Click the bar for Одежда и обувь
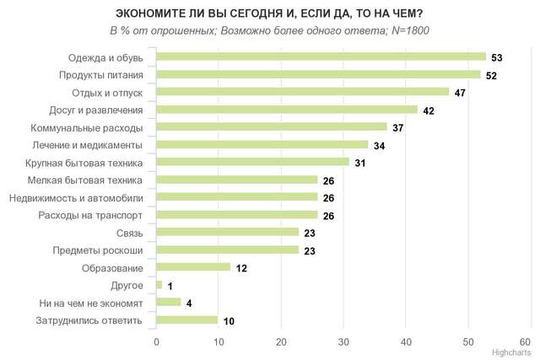click(x=321, y=57)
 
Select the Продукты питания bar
click(x=318, y=74)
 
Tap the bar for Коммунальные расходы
click(x=271, y=126)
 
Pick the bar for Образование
click(x=193, y=267)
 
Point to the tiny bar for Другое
click(x=159, y=285)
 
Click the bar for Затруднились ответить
click(x=187, y=320)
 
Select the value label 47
click(x=461, y=92)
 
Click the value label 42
click(x=429, y=110)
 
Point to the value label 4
click(x=189, y=303)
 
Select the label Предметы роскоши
click(x=97, y=250)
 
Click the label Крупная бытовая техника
click(x=84, y=162)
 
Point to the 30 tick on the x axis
click(x=343, y=341)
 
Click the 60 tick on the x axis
click(x=531, y=341)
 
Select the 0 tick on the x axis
click(x=157, y=341)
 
